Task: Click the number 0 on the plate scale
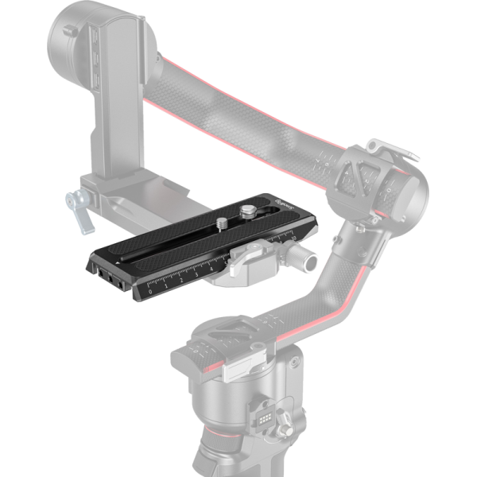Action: tap(151, 292)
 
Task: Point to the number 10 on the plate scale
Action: tap(295, 238)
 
